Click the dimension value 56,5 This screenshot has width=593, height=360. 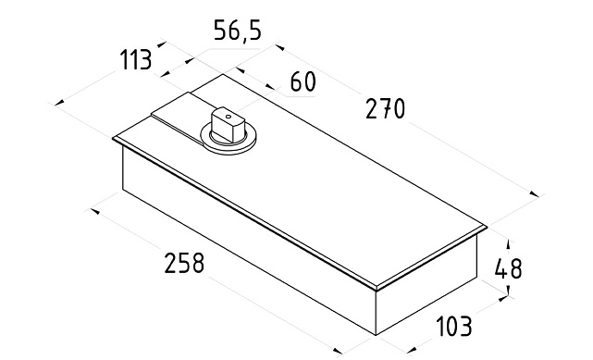pos(238,31)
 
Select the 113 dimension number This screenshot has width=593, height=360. pos(136,60)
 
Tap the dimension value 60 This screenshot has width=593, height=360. pos(303,81)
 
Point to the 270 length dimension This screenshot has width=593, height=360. pos(385,108)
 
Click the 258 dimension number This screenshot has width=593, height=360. pos(184,263)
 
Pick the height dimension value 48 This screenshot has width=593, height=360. pos(508,269)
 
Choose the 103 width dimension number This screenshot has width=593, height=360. pos(454,327)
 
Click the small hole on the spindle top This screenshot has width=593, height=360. pos(229,117)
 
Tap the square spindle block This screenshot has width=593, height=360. pos(229,124)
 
